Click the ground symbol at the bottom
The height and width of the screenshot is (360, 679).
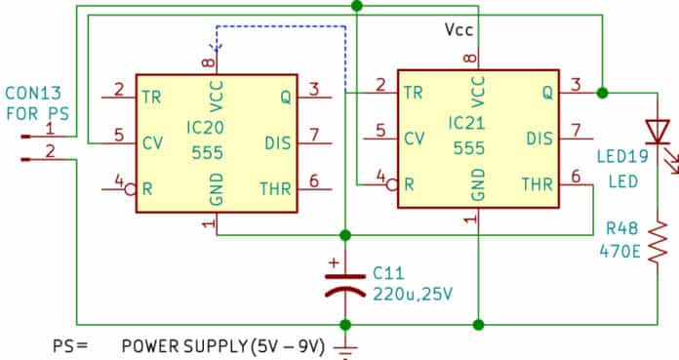344,349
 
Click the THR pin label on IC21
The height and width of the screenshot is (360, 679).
538,184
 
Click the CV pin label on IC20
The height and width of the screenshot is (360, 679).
151,142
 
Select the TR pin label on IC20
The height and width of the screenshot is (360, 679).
151,96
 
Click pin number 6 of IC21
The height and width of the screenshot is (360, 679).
576,177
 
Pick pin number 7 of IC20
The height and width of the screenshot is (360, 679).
313,134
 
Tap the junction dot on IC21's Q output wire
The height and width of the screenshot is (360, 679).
602,94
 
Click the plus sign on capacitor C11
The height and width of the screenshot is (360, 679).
335,262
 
